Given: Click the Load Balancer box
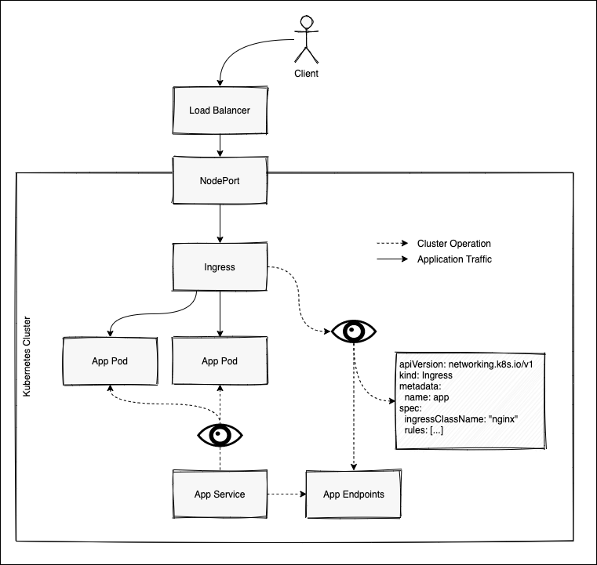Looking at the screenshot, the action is tap(220, 110).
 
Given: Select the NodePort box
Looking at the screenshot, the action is tap(220, 180).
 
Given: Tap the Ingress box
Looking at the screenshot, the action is tap(220, 267).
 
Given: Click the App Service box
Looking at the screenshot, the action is tap(220, 494).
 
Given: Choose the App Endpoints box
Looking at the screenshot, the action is tap(353, 494).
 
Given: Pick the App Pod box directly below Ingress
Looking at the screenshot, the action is tap(220, 360).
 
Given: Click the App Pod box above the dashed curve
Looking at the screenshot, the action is tap(110, 360).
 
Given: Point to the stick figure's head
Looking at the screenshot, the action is tap(307, 22).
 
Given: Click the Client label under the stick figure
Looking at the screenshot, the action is tap(306, 74).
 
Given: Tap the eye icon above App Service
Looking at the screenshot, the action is tap(220, 435).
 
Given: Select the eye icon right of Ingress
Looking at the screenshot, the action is tap(354, 331).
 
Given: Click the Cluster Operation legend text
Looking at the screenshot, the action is tap(454, 244).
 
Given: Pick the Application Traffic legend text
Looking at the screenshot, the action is tap(454, 259).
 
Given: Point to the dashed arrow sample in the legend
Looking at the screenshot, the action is tap(392, 244).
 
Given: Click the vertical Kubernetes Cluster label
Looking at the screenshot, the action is tap(27, 357).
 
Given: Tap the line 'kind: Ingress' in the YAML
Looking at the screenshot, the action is tap(426, 375).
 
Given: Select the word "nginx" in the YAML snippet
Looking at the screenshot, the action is tap(503, 419).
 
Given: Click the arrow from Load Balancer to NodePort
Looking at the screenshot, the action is tap(220, 145).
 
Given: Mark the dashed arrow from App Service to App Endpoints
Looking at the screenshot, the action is tap(286, 494).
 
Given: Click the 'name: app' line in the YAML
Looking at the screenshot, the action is tap(427, 397).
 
